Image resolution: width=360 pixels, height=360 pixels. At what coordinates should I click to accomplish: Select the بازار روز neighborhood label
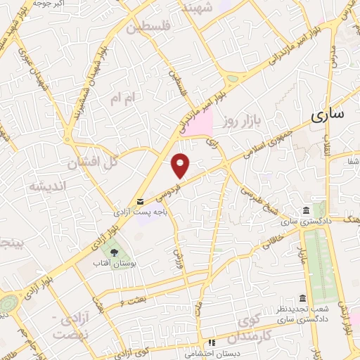[243, 122]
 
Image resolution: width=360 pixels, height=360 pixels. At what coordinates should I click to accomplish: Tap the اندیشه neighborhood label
[47, 186]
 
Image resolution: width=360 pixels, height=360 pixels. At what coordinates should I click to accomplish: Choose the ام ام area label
[120, 101]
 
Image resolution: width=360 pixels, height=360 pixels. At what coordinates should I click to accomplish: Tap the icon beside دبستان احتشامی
[210, 342]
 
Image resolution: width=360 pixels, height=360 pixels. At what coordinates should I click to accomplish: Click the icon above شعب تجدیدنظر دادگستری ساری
[302, 297]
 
